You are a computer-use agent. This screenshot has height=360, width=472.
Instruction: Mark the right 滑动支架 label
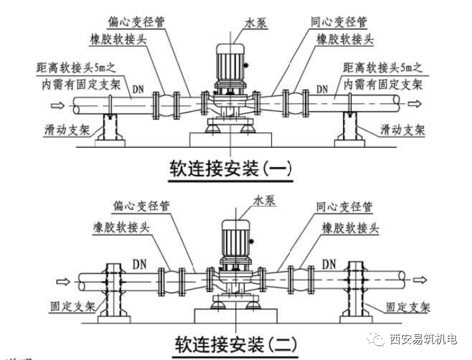click(x=402, y=128)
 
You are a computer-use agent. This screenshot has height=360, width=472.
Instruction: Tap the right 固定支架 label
click(x=407, y=307)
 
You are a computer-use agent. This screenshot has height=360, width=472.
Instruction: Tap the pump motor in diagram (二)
click(x=236, y=242)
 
